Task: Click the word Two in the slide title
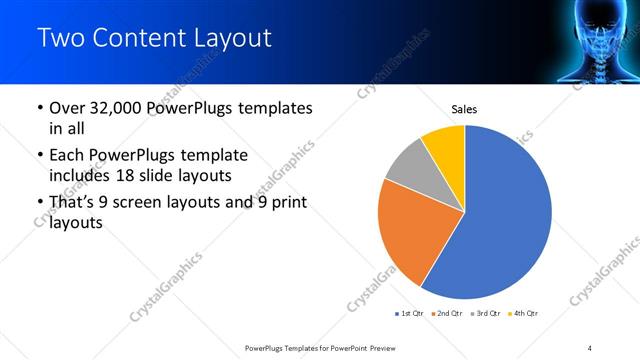pyautogui.click(x=59, y=39)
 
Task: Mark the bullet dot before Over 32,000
pyautogui.click(x=39, y=108)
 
